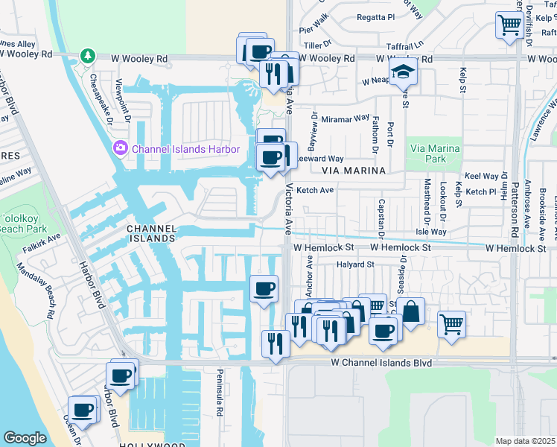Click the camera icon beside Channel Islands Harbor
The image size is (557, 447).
click(x=120, y=149)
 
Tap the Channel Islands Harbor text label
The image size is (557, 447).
click(x=185, y=149)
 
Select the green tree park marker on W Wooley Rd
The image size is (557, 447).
click(x=88, y=57)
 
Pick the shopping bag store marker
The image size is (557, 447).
click(x=410, y=311)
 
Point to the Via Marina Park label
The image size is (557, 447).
click(x=434, y=152)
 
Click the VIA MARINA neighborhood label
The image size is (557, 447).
click(x=354, y=171)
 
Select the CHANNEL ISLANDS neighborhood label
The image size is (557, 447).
click(x=150, y=233)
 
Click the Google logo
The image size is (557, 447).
click(x=25, y=437)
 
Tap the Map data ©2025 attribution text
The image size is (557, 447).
click(x=525, y=441)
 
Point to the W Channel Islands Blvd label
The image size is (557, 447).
click(x=381, y=362)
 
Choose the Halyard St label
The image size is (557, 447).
click(x=354, y=264)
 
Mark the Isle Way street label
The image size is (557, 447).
click(x=452, y=232)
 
